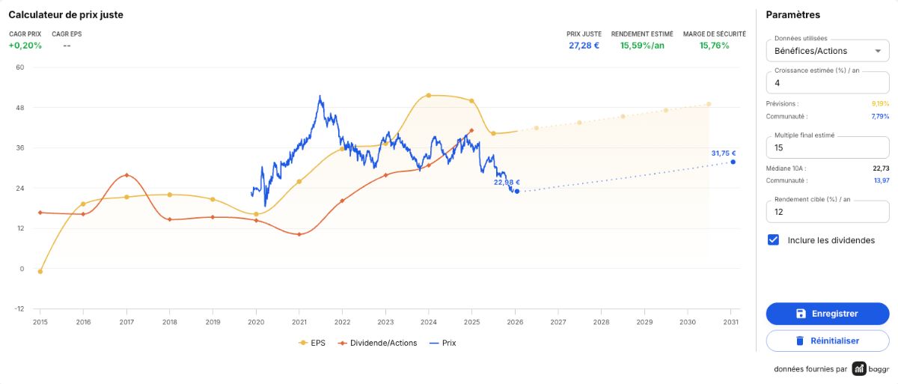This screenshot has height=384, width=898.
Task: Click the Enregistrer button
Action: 828,314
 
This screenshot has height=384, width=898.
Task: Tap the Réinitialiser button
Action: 828,341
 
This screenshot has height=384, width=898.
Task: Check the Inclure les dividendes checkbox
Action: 773,240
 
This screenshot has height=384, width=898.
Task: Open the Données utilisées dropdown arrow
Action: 878,51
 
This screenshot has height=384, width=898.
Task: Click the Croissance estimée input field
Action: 828,83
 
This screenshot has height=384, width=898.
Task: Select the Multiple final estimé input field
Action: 828,147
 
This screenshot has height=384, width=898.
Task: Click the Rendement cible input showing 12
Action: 828,212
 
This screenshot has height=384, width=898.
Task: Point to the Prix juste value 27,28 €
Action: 584,46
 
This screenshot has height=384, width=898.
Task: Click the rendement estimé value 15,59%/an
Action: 642,46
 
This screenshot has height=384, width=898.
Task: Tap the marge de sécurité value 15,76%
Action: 715,46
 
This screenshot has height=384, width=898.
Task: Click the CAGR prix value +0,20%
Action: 25,46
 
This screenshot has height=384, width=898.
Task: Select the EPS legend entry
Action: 312,343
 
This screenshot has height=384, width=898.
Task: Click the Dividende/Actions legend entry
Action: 378,343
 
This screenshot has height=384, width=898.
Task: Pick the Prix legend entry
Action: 442,343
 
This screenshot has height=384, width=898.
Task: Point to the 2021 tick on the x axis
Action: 299,322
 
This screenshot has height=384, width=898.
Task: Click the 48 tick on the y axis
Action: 20,108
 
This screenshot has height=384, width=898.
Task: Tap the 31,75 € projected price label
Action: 724,153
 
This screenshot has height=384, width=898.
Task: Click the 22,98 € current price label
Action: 507,183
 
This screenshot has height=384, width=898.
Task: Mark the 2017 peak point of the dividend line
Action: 126,175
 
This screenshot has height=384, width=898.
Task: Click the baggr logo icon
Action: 859,369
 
